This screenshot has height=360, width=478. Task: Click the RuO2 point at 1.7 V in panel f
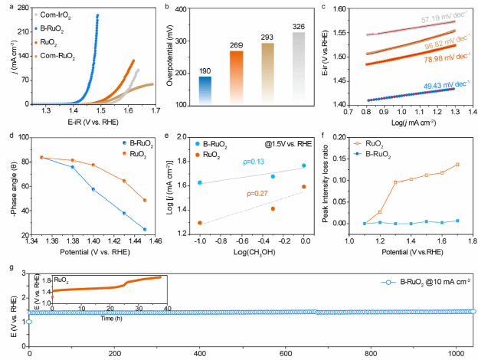[x=457, y=165]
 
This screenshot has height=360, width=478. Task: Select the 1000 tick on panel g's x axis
[x=457, y=354]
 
